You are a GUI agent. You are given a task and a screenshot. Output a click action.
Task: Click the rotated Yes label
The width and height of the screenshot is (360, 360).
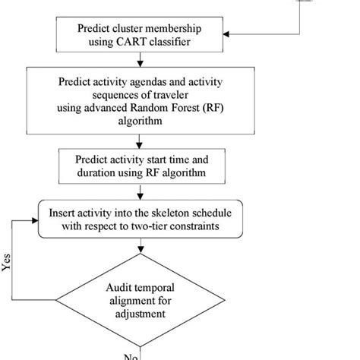(8, 263)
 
